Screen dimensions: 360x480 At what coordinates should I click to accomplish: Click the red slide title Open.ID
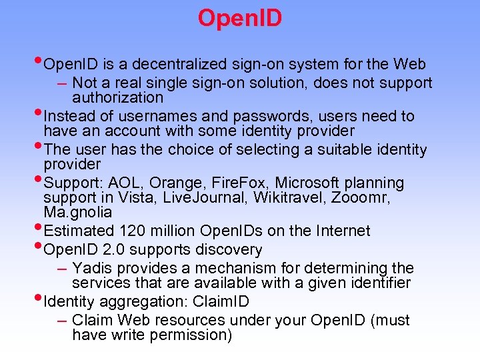(240, 18)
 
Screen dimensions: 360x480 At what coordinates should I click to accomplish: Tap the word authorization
(117, 97)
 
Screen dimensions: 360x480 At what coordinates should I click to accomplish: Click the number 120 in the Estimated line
(133, 231)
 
